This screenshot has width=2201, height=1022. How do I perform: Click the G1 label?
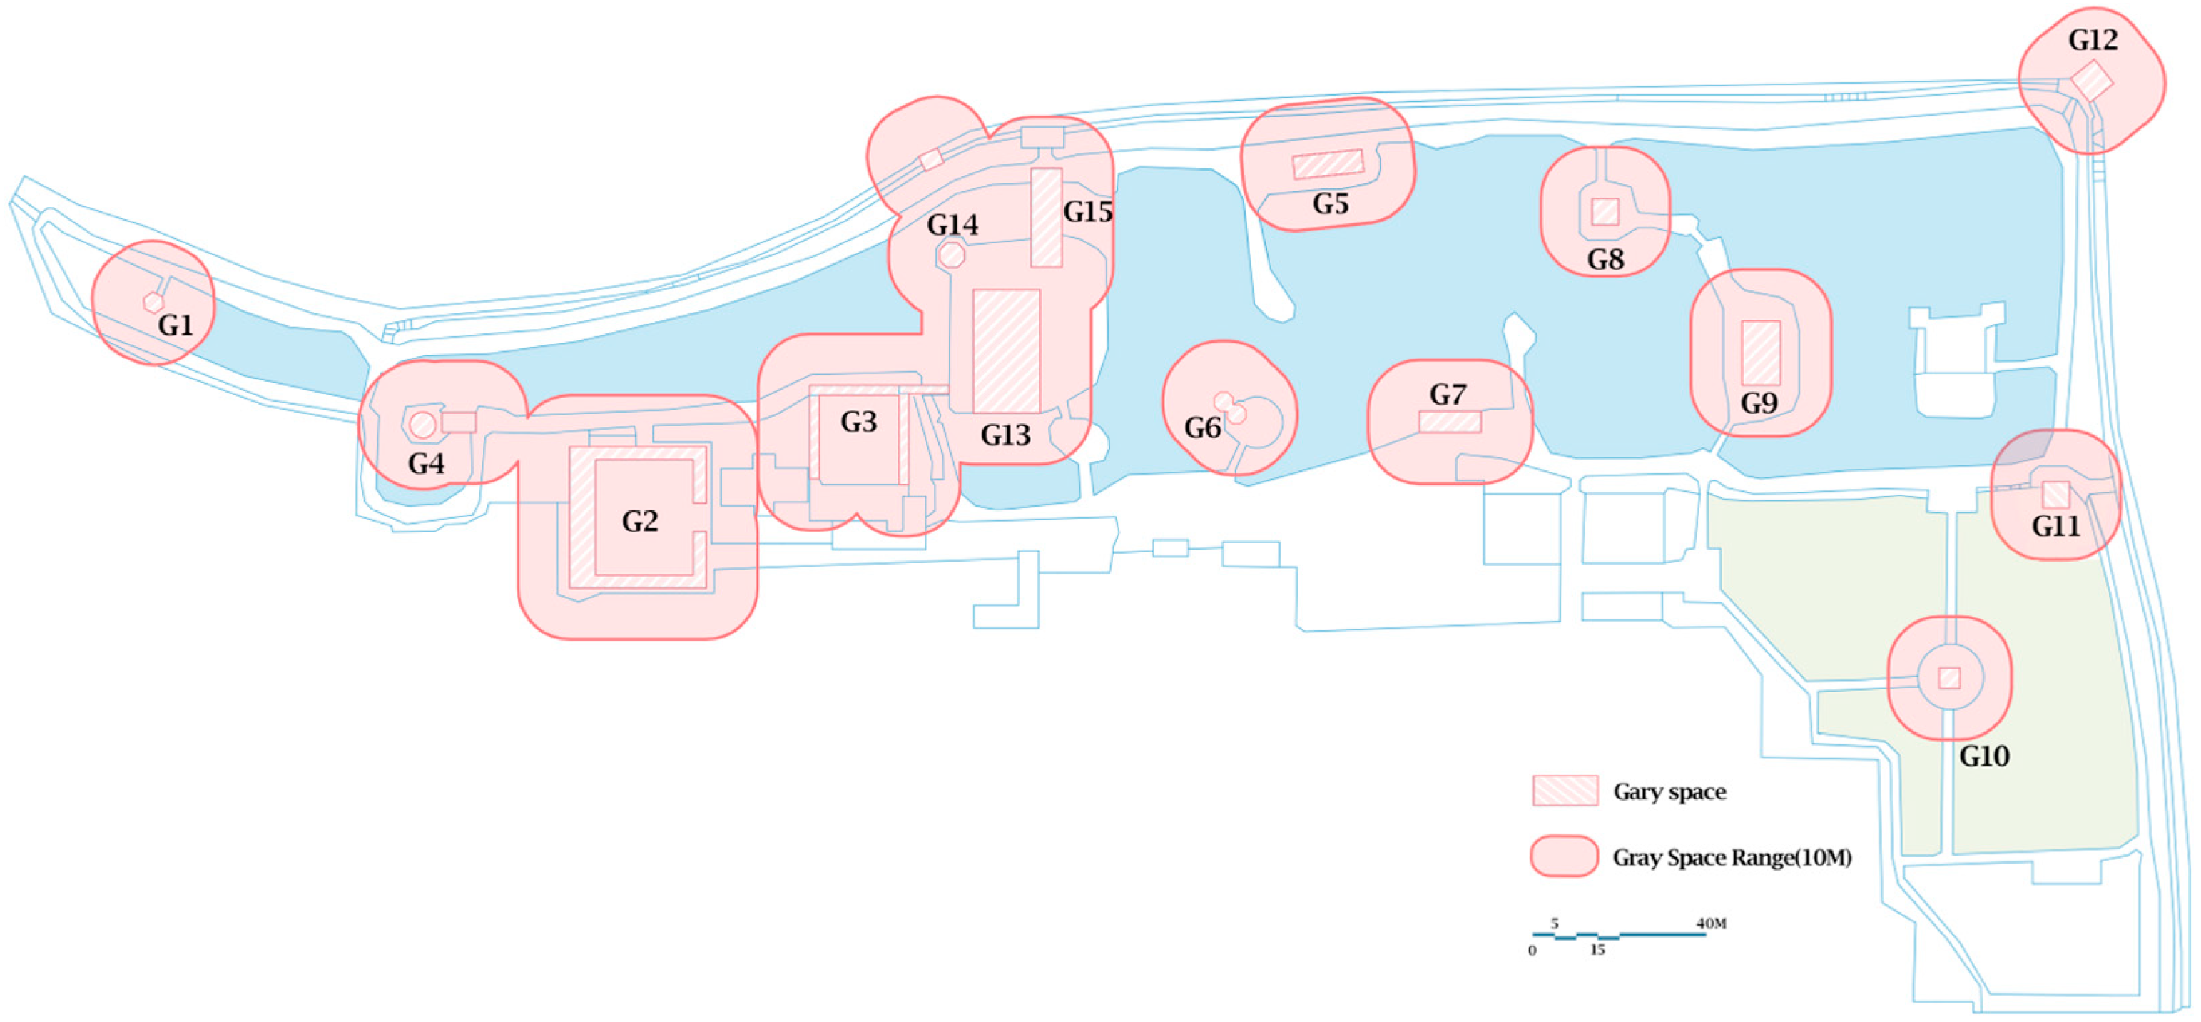pyautogui.click(x=176, y=325)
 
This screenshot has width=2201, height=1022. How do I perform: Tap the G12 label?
pyautogui.click(x=2093, y=39)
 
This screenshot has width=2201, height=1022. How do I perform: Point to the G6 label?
pyautogui.click(x=1202, y=427)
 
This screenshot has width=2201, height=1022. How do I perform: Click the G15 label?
pyautogui.click(x=1088, y=211)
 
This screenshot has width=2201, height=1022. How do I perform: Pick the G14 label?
pyautogui.click(x=952, y=225)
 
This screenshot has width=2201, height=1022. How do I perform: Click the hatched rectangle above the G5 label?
pyautogui.click(x=1328, y=163)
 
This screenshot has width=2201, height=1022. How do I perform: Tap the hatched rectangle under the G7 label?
pyautogui.click(x=1450, y=421)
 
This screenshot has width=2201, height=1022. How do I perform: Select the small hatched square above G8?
pyautogui.click(x=1605, y=211)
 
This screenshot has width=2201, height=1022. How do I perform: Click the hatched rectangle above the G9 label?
pyautogui.click(x=1761, y=352)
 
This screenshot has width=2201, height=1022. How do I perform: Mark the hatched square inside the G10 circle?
pyautogui.click(x=1949, y=677)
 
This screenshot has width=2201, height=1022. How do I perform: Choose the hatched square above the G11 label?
pyautogui.click(x=2055, y=494)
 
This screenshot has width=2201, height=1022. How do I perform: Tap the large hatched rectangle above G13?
pyautogui.click(x=1007, y=351)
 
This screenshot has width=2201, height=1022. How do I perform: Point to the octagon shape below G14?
pyautogui.click(x=951, y=255)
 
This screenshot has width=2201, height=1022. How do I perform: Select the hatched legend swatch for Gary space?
pyautogui.click(x=1565, y=791)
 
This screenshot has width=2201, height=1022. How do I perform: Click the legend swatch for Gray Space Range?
pyautogui.click(x=1565, y=856)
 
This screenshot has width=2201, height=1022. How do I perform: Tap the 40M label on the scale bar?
pyautogui.click(x=1711, y=923)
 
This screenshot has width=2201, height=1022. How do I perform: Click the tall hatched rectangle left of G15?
pyautogui.click(x=1046, y=217)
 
